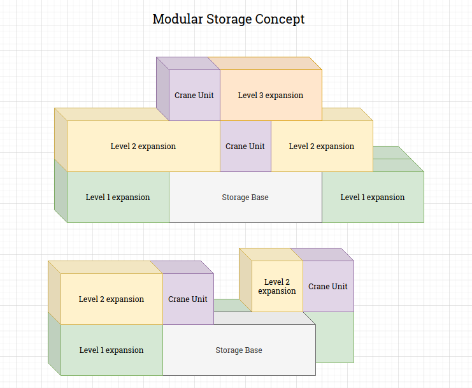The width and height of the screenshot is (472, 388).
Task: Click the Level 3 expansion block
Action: (x=271, y=96)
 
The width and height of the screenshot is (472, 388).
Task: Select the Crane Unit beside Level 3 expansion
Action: (x=194, y=96)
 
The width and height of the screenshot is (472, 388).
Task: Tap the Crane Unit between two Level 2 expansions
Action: (x=245, y=147)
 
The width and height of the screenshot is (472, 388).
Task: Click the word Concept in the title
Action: (x=280, y=19)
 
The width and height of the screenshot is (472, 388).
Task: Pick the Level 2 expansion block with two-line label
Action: (x=277, y=287)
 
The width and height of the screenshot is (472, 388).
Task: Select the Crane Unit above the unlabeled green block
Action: (x=328, y=287)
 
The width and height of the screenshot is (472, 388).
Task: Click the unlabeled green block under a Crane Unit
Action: (x=334, y=338)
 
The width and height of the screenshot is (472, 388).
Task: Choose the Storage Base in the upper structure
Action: (x=245, y=198)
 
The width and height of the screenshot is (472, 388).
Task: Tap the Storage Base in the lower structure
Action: (x=239, y=350)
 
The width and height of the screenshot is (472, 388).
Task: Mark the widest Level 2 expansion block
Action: (x=143, y=147)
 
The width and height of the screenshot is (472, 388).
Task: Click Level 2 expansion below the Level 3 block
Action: (x=322, y=147)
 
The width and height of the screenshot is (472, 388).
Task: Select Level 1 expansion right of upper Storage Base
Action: (x=373, y=198)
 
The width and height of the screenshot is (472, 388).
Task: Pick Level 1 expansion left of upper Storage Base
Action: (x=118, y=198)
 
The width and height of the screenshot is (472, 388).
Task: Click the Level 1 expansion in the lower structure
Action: (x=111, y=350)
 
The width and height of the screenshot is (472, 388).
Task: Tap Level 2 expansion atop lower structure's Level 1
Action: (x=111, y=299)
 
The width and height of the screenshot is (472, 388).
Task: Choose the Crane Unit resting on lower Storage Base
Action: (x=188, y=299)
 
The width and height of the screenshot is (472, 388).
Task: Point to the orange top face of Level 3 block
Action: (x=264, y=63)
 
